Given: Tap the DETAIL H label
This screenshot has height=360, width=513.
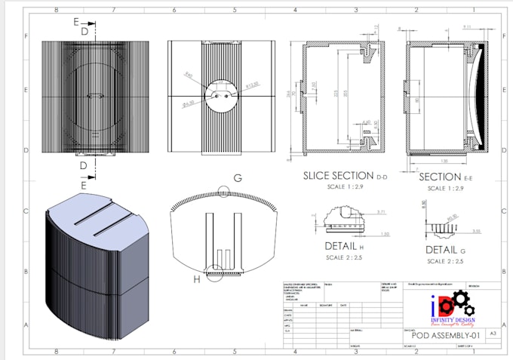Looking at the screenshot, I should [340, 247].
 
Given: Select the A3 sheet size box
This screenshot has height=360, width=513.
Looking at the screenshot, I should [493, 333].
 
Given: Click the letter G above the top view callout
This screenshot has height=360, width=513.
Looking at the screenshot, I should [238, 178].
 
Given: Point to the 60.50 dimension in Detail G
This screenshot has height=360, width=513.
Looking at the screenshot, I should [450, 220].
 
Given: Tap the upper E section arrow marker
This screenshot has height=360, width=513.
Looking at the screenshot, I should [79, 23].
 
